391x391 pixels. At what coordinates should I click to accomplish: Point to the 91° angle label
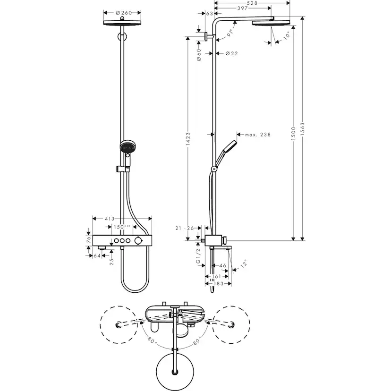tap(230, 33)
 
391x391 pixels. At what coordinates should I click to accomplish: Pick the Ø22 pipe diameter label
tap(232, 53)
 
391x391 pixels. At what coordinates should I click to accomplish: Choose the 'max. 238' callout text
tap(257, 135)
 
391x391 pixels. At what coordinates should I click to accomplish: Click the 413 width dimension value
tap(110, 219)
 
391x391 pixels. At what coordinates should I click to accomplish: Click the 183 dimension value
tap(218, 284)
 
